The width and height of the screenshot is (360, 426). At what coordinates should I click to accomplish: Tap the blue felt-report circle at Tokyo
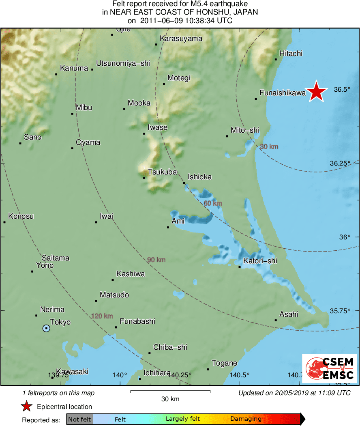[x=46, y=328]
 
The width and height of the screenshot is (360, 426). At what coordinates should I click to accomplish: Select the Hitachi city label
[x=291, y=54]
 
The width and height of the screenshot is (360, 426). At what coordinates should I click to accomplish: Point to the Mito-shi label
[x=244, y=130]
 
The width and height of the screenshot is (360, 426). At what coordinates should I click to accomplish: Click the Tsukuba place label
[x=162, y=172]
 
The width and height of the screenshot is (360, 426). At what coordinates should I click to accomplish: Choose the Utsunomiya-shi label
[x=123, y=63]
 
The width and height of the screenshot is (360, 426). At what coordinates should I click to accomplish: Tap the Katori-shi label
[x=260, y=261]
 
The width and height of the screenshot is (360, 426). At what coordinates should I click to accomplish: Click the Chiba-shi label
[x=170, y=347]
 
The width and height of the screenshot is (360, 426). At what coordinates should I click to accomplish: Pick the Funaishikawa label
[x=283, y=93]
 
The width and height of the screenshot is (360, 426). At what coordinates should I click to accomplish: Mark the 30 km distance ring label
[x=269, y=146]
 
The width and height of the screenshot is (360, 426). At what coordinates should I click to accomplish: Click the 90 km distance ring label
[x=156, y=260]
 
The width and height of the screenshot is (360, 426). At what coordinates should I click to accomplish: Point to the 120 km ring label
[x=102, y=316]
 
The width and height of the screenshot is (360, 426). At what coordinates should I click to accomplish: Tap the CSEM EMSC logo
[x=329, y=368]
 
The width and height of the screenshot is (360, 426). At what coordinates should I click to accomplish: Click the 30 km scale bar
[x=170, y=392]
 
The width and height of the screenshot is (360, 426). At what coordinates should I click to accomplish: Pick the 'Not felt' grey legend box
[x=79, y=419]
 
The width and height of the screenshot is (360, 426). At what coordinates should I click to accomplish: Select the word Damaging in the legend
[x=246, y=419]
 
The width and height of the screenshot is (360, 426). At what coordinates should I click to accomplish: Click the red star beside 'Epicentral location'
[x=26, y=406]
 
